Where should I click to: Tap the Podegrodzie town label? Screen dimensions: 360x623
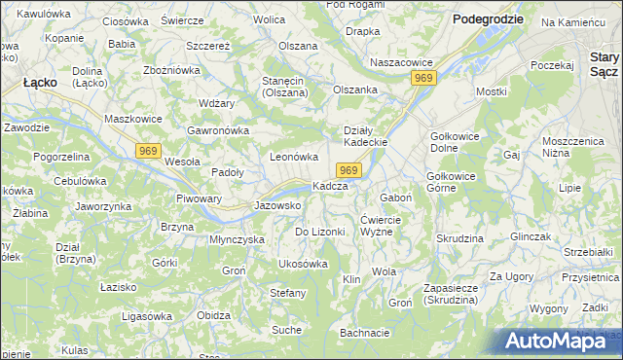(x=488, y=19)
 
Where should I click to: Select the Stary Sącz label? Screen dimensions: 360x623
(x=598, y=65)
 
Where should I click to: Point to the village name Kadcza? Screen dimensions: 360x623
(x=330, y=186)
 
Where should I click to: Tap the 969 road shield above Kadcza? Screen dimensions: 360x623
(x=351, y=170)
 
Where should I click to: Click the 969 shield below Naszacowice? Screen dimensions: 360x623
(x=422, y=78)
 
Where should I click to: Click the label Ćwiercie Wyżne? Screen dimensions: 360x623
(x=389, y=225)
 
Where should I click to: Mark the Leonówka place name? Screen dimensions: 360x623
(x=294, y=157)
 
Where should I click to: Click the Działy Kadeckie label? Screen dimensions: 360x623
(x=366, y=136)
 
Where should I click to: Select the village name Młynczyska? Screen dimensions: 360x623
(x=238, y=239)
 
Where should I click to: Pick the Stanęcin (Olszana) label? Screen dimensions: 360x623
(x=283, y=87)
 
